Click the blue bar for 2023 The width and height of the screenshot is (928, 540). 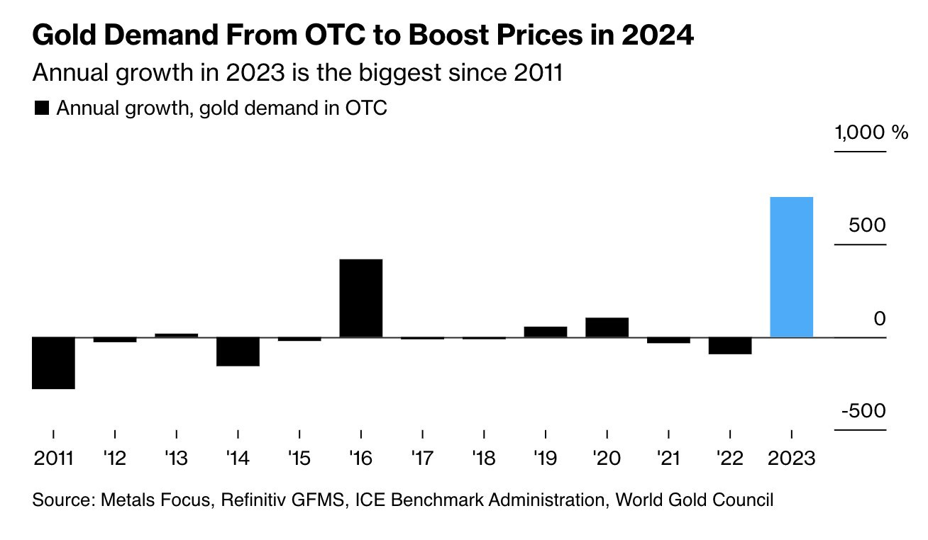coord(791,266)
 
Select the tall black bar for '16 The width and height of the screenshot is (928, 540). coord(361,298)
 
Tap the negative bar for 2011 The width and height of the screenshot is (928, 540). coord(53,363)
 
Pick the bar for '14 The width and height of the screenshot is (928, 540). coord(238,351)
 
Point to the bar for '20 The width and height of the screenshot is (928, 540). coord(607,327)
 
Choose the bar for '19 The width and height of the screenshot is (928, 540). coord(546,332)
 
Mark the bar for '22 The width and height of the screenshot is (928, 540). coord(730,345)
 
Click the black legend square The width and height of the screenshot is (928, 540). coord(42,108)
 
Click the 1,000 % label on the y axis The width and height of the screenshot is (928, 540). coord(871,133)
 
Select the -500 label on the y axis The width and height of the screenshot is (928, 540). coord(863,411)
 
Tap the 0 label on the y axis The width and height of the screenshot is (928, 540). coord(880,318)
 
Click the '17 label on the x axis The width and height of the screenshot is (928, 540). coord(422,458)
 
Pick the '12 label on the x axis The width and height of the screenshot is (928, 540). coord(114,458)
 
